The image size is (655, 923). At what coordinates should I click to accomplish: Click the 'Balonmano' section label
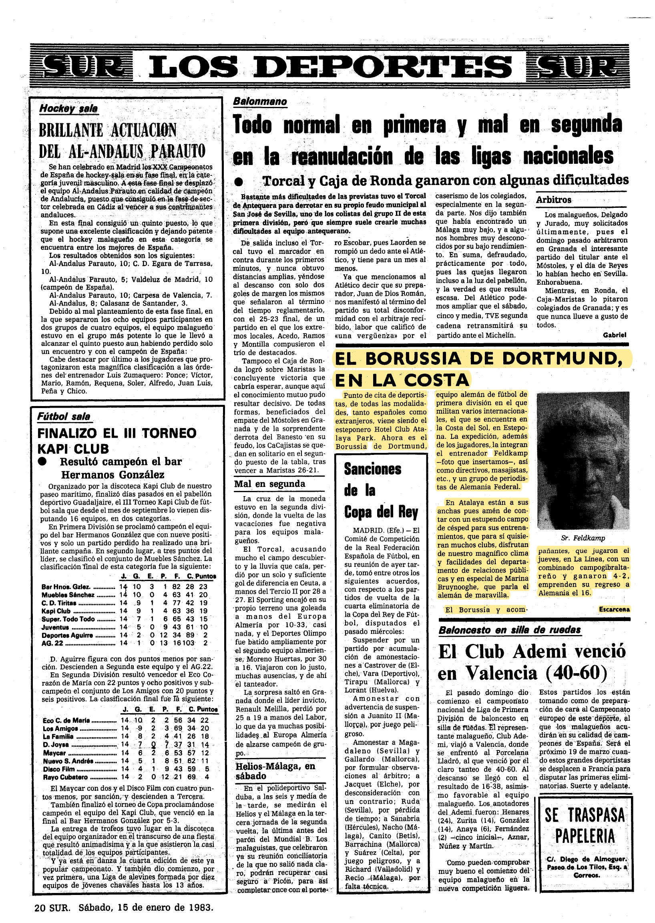click(260, 101)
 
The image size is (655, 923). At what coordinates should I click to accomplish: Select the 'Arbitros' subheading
click(553, 200)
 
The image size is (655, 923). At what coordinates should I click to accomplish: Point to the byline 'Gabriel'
click(614, 335)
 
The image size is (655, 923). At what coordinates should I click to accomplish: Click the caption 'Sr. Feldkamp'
click(583, 538)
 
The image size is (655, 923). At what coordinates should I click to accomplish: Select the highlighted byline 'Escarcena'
click(614, 609)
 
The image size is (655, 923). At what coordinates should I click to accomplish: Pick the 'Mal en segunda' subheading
click(269, 484)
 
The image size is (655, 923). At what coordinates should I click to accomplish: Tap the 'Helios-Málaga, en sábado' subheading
click(275, 771)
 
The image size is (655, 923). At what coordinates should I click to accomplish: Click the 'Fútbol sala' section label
click(64, 416)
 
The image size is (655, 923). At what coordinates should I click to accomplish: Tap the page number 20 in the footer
click(40, 907)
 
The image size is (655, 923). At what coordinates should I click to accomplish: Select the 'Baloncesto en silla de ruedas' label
click(509, 630)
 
